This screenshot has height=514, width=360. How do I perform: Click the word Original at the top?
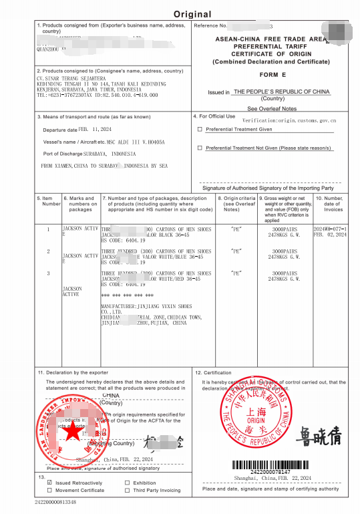pyautogui.click(x=192, y=14)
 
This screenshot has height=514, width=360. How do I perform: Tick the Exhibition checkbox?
pyautogui.click(x=127, y=481)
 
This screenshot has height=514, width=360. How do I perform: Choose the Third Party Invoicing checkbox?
pyautogui.click(x=127, y=490)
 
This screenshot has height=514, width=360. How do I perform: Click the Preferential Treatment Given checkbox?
pyautogui.click(x=199, y=130)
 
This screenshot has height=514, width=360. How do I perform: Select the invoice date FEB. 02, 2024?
pyautogui.click(x=331, y=235)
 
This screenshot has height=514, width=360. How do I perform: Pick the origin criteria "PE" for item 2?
pyautogui.click(x=236, y=251)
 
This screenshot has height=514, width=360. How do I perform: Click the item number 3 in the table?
pyautogui.click(x=47, y=273)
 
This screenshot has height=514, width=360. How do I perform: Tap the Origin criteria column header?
pyautogui.click(x=239, y=203)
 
